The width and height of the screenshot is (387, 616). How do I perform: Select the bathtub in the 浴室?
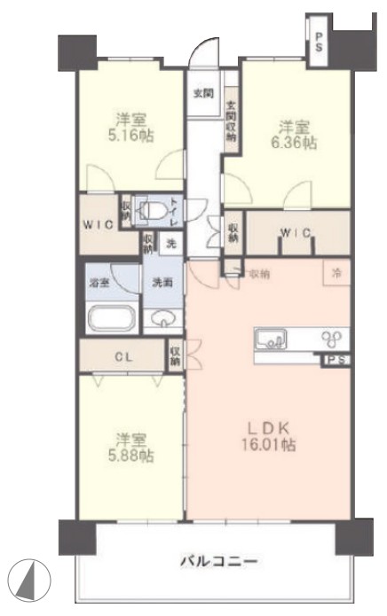(x=110, y=316)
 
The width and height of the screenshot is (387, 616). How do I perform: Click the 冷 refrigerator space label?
(x=336, y=273)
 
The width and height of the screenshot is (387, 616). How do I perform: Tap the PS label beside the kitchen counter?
(x=335, y=360)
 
